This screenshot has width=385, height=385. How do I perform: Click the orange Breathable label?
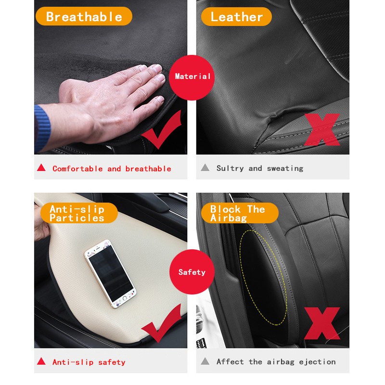point(84,16)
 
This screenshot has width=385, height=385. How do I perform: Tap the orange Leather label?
point(236,16)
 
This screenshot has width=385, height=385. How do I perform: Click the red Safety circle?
point(192,272)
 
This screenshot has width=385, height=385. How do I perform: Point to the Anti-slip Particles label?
point(79,213)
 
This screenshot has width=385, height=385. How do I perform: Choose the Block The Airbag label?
point(240,213)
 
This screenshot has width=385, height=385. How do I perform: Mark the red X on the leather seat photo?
point(322,129)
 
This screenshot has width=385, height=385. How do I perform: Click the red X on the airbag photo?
point(322,323)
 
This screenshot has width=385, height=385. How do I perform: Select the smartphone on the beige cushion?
point(110,273)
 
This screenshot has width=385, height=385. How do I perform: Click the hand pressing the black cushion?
point(105,105)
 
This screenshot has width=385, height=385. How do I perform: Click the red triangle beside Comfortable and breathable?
point(41,167)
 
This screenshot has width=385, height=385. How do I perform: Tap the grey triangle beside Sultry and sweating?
point(205,167)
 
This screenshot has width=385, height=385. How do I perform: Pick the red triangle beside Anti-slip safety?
point(41,361)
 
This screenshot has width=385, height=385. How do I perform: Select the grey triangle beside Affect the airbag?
point(205,361)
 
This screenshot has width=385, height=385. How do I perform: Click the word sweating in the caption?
point(285,168)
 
